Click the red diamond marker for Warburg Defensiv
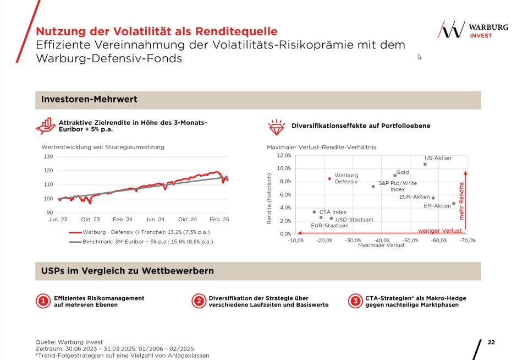click(x=329, y=178)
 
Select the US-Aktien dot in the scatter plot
click(x=425, y=164)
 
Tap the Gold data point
click(x=395, y=176)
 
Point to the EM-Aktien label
click(x=437, y=206)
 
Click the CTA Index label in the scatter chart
click(x=333, y=212)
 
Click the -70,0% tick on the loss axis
click(x=468, y=241)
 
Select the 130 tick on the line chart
click(x=48, y=157)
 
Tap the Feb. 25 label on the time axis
click(x=219, y=220)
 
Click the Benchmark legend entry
click(x=147, y=242)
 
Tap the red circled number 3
click(x=355, y=301)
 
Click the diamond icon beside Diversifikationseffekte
click(x=276, y=127)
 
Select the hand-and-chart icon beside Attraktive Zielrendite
click(x=46, y=126)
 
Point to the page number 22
click(x=491, y=342)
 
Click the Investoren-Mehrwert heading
click(x=89, y=100)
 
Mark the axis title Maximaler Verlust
click(x=381, y=246)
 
